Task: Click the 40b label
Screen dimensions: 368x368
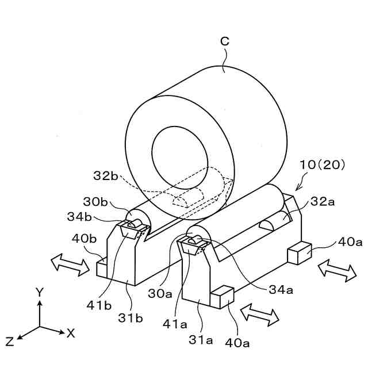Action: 83,237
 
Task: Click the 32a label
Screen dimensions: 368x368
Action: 323,202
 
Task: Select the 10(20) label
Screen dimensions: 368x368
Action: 321,165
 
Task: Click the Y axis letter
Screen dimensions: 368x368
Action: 39,293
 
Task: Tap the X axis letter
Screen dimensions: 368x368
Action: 71,332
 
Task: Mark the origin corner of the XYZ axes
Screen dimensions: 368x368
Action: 39,327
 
